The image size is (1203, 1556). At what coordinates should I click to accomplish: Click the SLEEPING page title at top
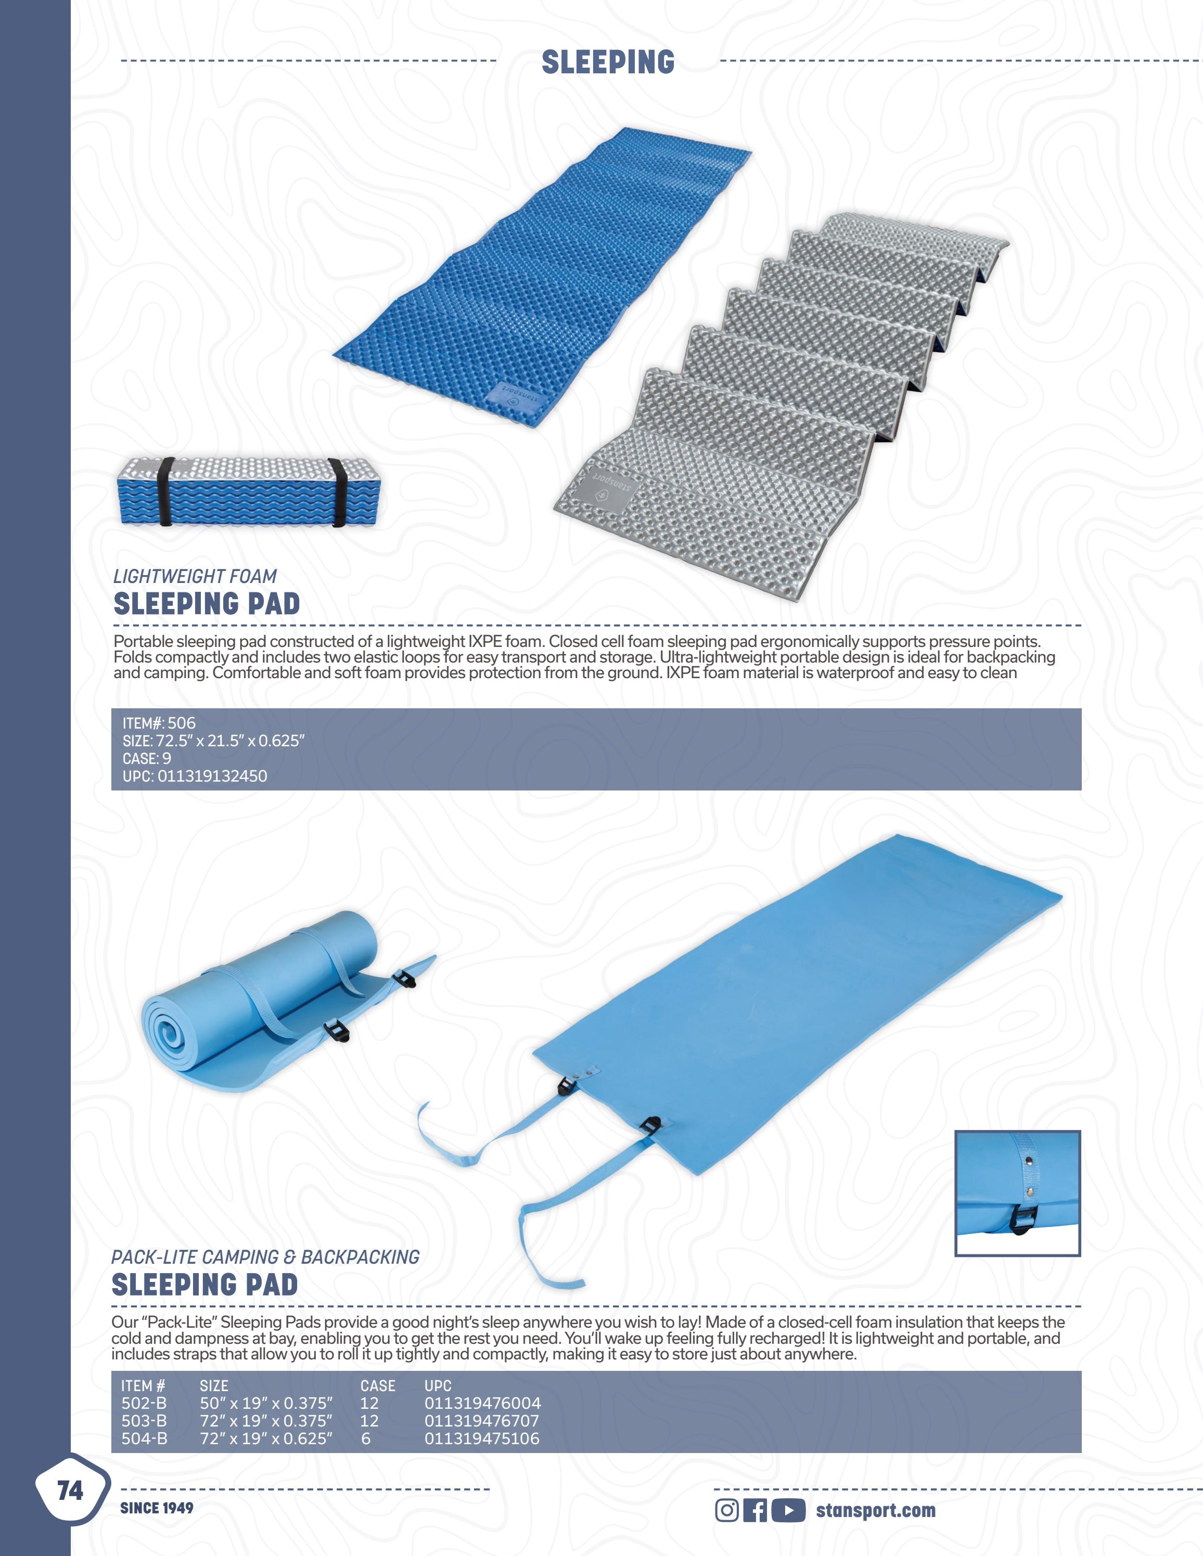pyautogui.click(x=608, y=62)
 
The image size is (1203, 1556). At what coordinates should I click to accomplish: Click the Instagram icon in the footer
pyautogui.click(x=727, y=1510)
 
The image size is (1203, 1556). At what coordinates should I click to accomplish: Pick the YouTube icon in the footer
pyautogui.click(x=788, y=1510)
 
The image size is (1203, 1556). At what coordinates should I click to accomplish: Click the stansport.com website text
pyautogui.click(x=875, y=1510)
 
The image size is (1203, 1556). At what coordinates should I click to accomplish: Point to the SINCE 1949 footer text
pyautogui.click(x=157, y=1508)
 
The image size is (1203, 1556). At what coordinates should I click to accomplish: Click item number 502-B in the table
pyautogui.click(x=144, y=1403)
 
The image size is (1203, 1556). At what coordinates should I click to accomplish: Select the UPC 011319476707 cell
pyautogui.click(x=482, y=1421)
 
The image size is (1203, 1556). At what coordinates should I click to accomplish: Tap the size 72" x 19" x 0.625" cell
pyautogui.click(x=266, y=1438)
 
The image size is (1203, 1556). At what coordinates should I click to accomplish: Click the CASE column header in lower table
pyautogui.click(x=378, y=1386)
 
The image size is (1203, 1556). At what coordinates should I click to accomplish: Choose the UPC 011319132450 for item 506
pyautogui.click(x=212, y=776)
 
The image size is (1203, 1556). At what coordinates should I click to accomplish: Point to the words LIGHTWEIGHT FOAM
pyautogui.click(x=195, y=576)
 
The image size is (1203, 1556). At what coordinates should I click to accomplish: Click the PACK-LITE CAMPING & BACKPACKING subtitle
pyautogui.click(x=265, y=1257)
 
